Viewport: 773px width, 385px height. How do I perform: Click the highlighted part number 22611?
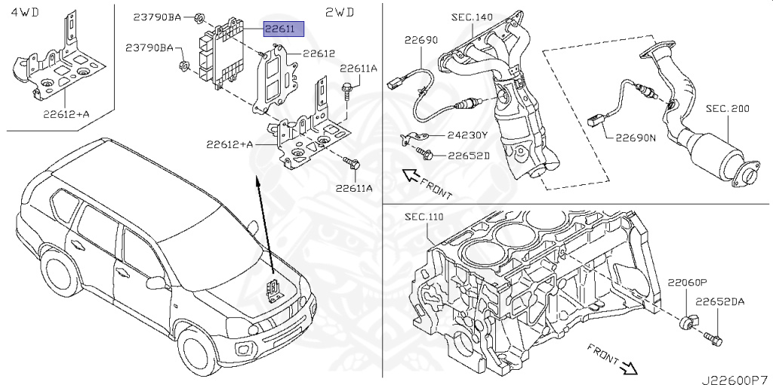click(x=283, y=29)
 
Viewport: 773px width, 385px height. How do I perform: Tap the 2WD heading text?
click(x=340, y=12)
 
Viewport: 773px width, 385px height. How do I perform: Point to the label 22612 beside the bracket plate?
click(x=319, y=54)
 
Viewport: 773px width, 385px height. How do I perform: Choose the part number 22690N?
click(x=636, y=138)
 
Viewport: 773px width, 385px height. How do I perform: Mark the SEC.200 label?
click(x=728, y=109)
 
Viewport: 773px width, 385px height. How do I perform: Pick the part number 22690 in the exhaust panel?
click(x=420, y=40)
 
